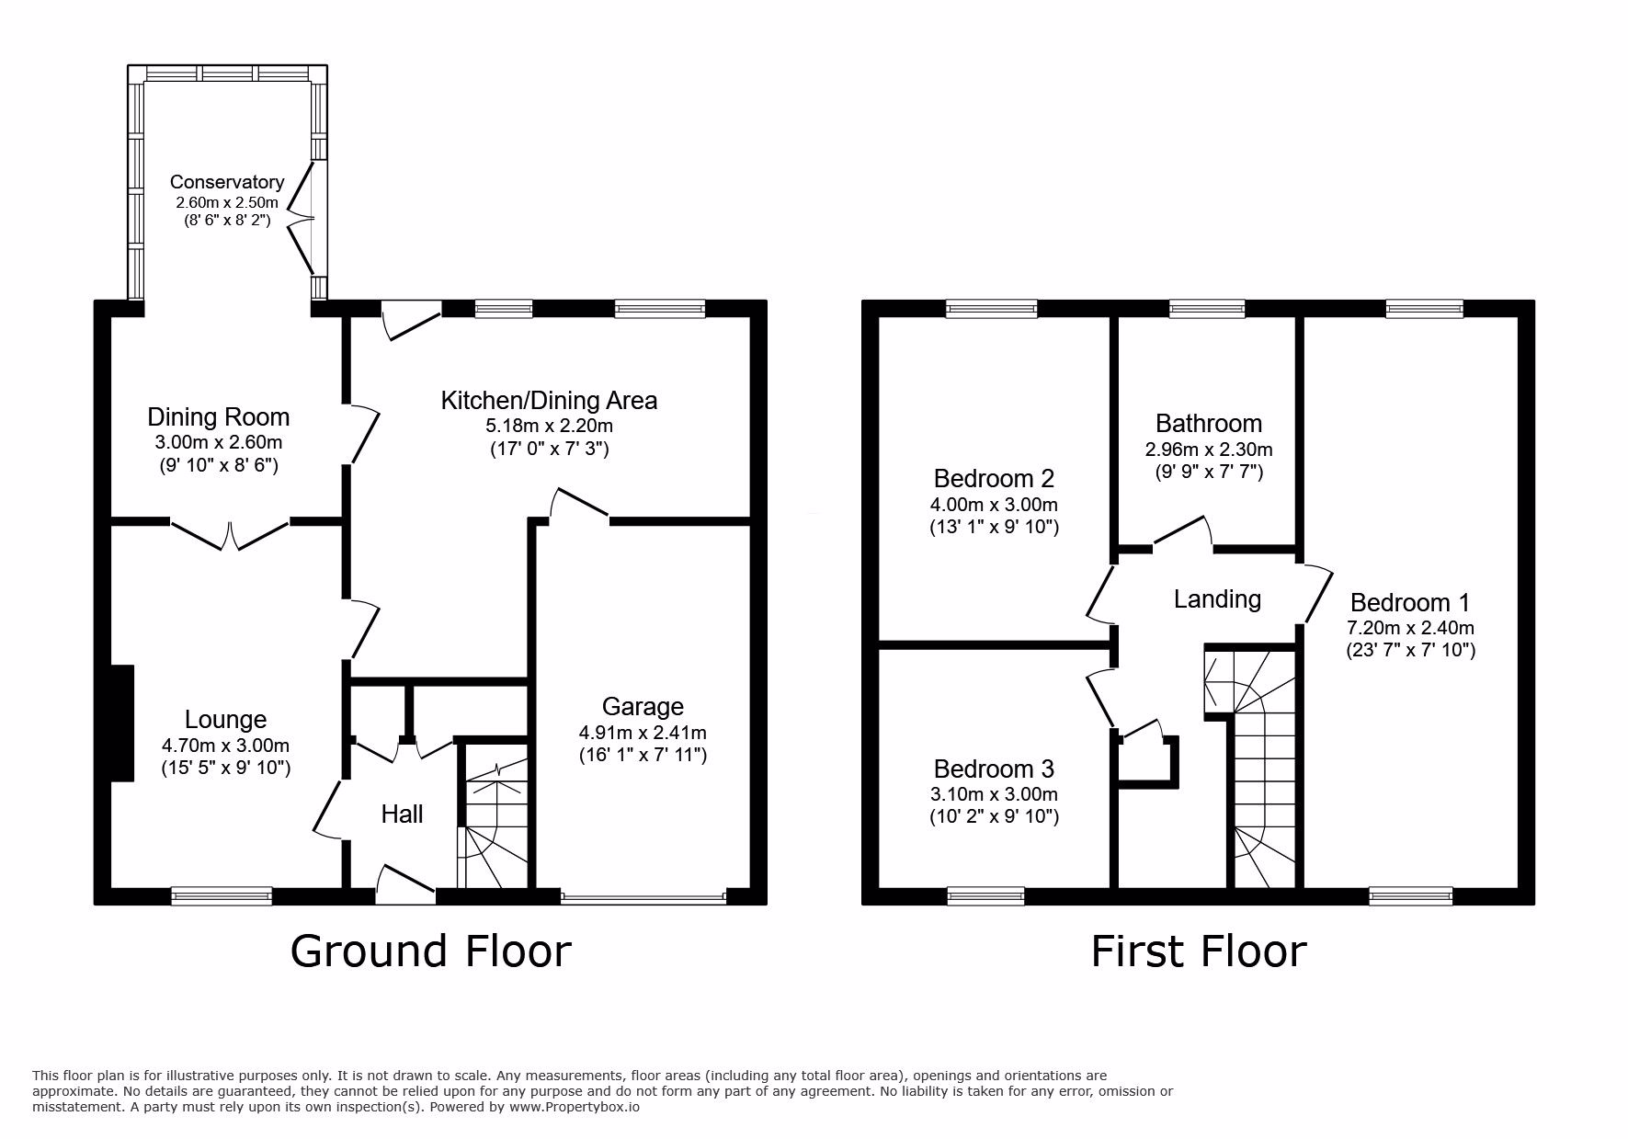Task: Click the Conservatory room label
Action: click(x=227, y=182)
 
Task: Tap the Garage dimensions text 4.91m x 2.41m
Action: click(x=643, y=733)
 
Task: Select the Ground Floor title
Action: click(x=430, y=951)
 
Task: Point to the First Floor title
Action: click(x=1199, y=951)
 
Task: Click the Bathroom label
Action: click(x=1209, y=424)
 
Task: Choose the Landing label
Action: click(x=1217, y=599)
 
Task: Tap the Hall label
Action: click(x=402, y=814)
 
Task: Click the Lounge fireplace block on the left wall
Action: click(x=122, y=723)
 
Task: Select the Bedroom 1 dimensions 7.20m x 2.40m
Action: click(x=1410, y=628)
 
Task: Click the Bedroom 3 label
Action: click(x=994, y=769)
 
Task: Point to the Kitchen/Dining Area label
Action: click(x=549, y=401)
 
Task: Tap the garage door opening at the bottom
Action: click(x=643, y=896)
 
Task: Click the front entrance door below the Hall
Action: click(x=405, y=882)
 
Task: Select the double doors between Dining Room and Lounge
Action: click(x=230, y=533)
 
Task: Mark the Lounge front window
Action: click(x=222, y=895)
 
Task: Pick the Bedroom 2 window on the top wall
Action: click(x=992, y=309)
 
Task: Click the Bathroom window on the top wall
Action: click(x=1207, y=309)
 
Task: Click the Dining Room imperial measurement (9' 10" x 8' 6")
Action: click(x=219, y=465)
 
